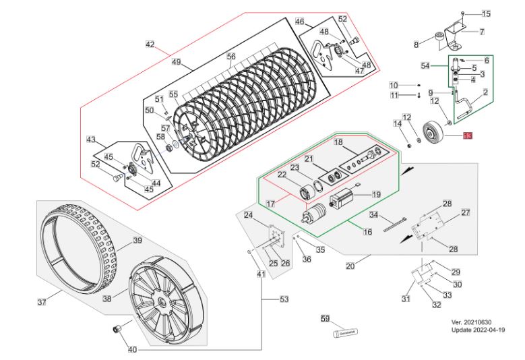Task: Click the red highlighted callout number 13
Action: click(x=468, y=136)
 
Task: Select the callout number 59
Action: click(x=324, y=318)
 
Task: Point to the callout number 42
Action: click(x=150, y=45)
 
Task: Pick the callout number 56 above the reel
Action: click(x=231, y=57)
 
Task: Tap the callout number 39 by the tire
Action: click(x=137, y=241)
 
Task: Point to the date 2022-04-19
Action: click(x=491, y=330)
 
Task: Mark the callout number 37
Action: click(x=42, y=301)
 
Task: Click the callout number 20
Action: click(x=350, y=266)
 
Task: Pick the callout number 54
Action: click(x=425, y=66)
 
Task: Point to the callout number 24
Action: click(x=248, y=216)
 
